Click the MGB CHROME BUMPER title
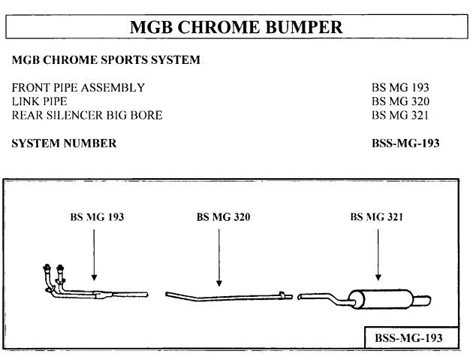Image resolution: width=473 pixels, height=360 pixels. (236, 28)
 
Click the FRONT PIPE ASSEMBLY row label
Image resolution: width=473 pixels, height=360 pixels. (79, 88)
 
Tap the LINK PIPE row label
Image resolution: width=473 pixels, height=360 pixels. (40, 101)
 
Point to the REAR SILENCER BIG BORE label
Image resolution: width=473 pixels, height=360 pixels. (88, 115)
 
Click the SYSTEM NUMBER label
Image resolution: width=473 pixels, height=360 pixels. (65, 144)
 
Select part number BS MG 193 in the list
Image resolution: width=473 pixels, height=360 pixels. (400, 88)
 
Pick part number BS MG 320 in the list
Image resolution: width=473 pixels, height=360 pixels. (400, 101)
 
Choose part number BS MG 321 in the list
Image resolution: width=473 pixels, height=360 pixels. (400, 115)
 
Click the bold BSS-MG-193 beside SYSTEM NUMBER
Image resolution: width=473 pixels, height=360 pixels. (405, 144)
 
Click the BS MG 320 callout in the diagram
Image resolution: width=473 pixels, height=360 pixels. (223, 216)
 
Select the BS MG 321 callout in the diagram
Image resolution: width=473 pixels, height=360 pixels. (377, 216)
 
